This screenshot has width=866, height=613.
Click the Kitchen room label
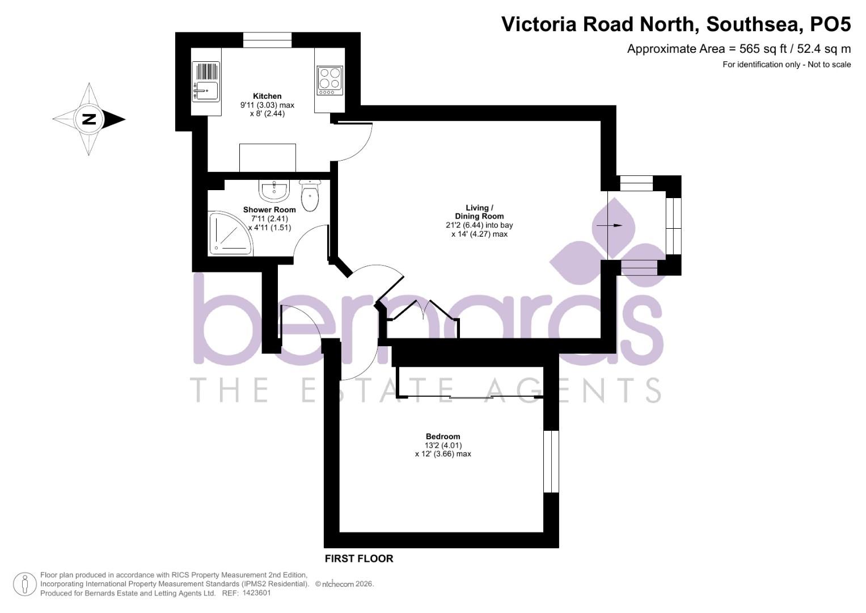(267, 96)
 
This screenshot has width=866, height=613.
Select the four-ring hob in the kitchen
(329, 81)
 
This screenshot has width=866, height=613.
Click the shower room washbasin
(274, 191)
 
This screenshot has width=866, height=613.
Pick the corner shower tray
(229, 233)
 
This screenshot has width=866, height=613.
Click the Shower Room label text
(269, 209)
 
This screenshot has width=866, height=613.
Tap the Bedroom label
(443, 436)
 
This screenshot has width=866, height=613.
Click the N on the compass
(88, 119)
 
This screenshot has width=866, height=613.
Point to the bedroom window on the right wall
(551, 461)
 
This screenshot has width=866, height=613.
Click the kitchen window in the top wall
(267, 40)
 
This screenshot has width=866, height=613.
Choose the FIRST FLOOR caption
(358, 559)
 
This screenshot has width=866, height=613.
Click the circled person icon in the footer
(24, 584)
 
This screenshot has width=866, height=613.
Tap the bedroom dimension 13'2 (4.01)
(443, 446)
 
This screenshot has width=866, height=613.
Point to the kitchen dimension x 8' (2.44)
(267, 114)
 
